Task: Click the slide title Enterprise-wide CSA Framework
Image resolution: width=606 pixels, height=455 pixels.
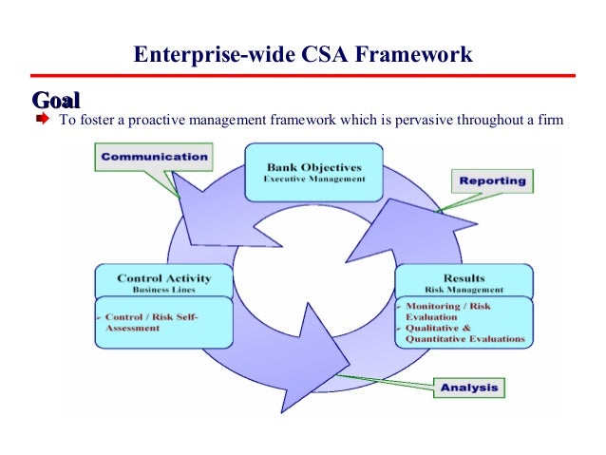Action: click(x=302, y=54)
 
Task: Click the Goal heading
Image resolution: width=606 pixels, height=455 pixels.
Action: click(x=56, y=100)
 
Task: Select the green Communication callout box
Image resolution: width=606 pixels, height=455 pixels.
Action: click(x=153, y=157)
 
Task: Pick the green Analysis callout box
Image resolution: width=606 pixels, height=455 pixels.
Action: click(x=467, y=388)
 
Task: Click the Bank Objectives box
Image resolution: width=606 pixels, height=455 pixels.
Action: click(x=313, y=172)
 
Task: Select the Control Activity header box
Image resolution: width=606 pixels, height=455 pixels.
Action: click(x=163, y=282)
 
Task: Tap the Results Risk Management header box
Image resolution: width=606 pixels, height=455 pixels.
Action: click(x=464, y=282)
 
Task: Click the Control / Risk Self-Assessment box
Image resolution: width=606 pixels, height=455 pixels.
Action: click(x=163, y=321)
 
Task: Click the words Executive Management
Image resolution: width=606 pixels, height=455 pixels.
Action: click(x=313, y=180)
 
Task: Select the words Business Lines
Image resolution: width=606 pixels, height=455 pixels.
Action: click(x=163, y=290)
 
